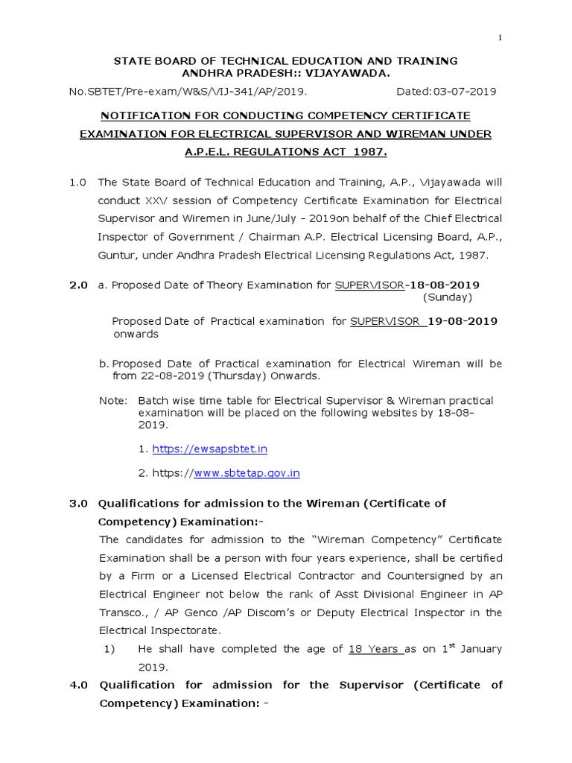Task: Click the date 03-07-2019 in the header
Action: pos(463,92)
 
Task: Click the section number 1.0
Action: pos(78,182)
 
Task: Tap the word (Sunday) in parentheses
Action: pos(448,297)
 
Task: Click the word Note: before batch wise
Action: pos(113,401)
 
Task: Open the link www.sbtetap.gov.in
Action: pos(247,473)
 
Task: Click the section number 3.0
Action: pos(79,503)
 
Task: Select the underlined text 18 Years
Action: pos(373,649)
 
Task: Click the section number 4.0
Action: pos(79,685)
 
